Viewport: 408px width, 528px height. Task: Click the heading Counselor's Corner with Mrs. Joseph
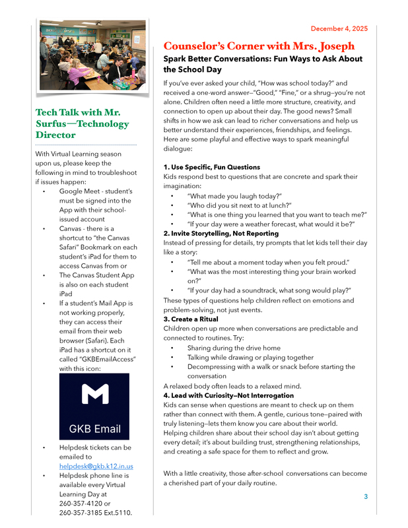coord(259,46)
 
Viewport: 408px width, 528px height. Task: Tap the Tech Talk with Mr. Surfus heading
coord(82,123)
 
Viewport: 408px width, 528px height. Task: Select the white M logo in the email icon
coord(94,395)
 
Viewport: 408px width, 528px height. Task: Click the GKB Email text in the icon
coord(94,429)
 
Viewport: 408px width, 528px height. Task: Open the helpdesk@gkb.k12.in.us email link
coord(96,466)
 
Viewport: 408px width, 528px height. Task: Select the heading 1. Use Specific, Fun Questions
coord(211,167)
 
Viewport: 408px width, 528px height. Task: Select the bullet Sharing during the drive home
coord(234,348)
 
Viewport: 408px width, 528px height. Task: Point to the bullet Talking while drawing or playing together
coord(250,357)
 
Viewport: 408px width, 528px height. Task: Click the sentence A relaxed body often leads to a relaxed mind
coord(232,386)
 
